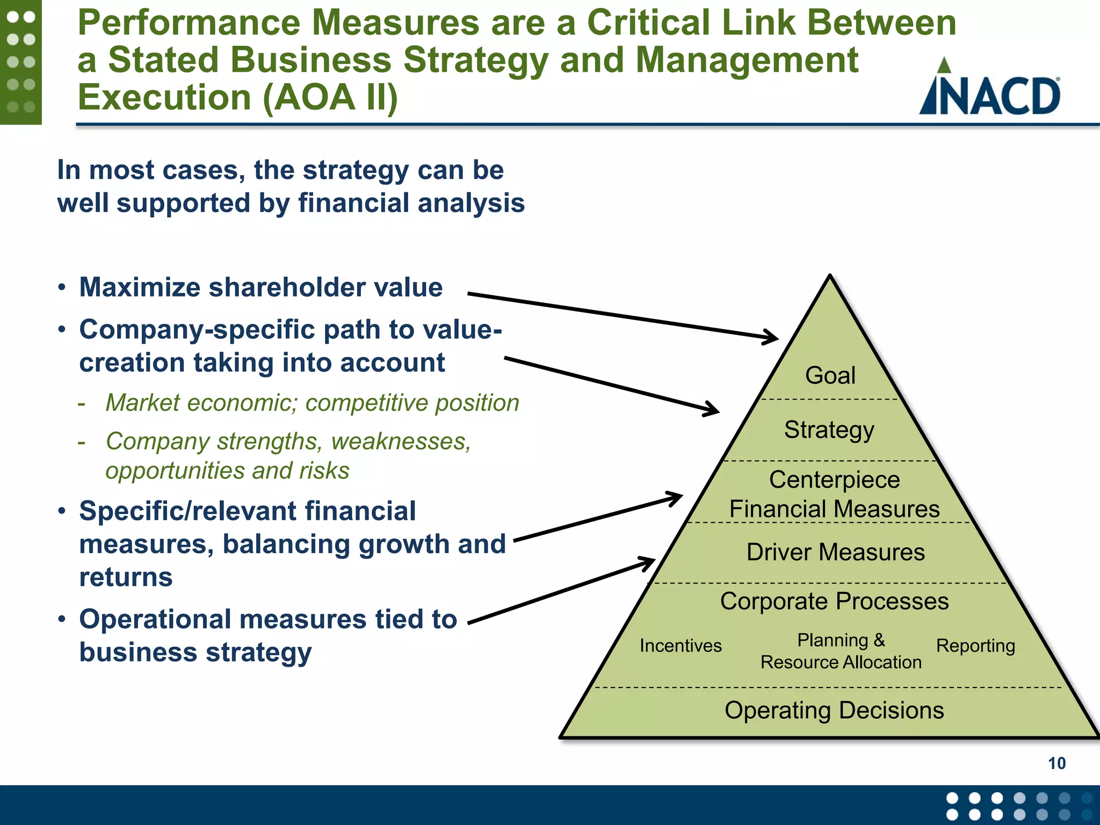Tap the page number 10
(1056, 763)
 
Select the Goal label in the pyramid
(830, 375)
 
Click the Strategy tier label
(829, 430)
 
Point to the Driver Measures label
(835, 552)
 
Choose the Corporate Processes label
(834, 601)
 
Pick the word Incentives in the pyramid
(681, 646)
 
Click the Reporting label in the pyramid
(975, 646)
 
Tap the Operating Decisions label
(834, 711)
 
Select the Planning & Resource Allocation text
(841, 651)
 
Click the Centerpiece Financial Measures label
(834, 494)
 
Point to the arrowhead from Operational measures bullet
(651, 561)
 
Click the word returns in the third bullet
(126, 577)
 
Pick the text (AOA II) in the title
(330, 98)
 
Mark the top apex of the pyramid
(830, 276)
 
